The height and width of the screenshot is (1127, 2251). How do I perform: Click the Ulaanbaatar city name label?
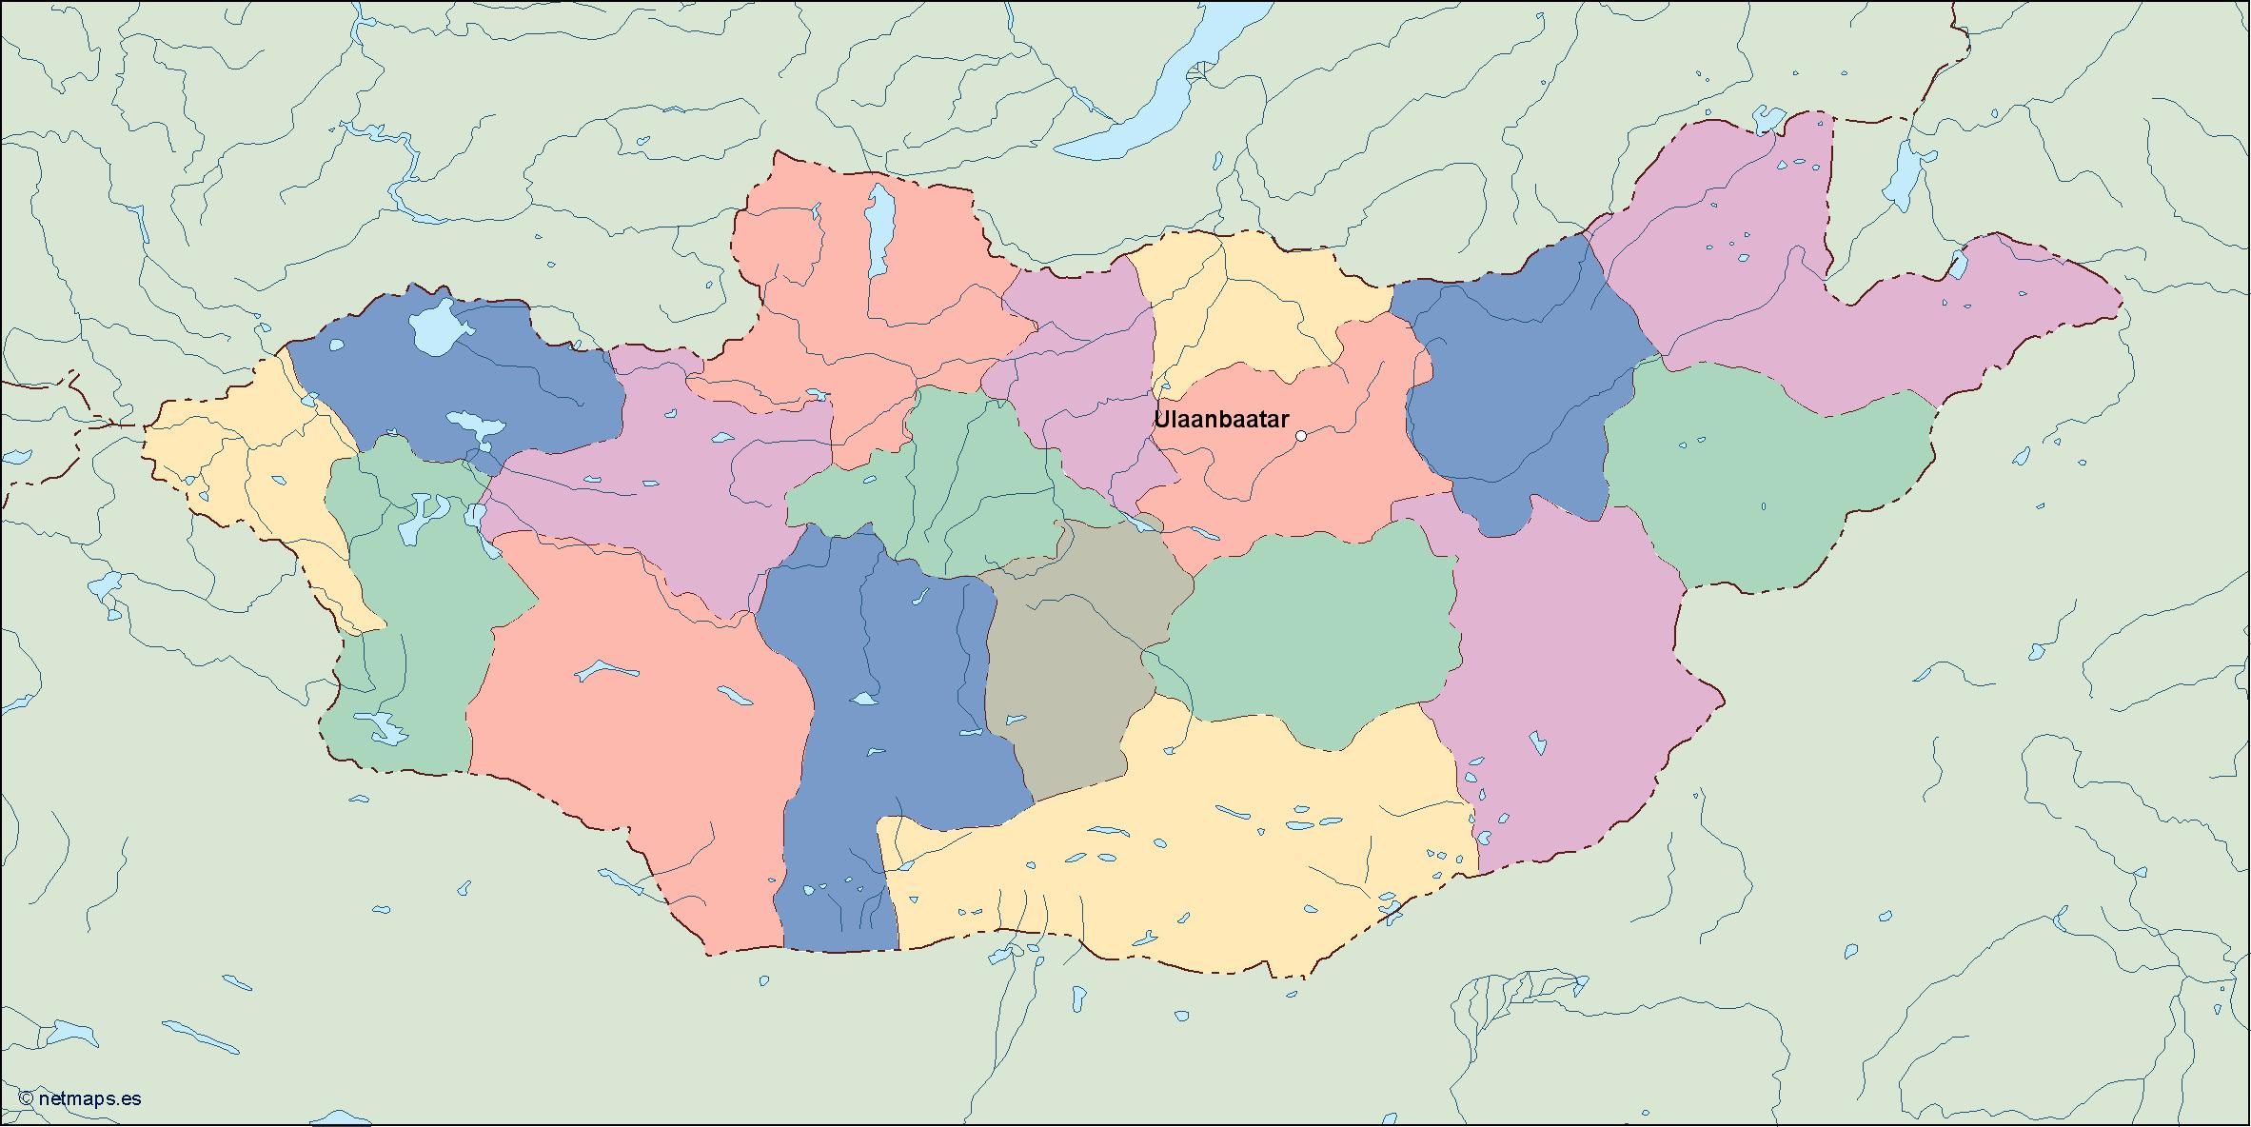[x=1221, y=420]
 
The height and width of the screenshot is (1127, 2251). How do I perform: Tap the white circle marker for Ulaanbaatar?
[x=1301, y=436]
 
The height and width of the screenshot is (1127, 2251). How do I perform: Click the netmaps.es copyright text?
[x=80, y=1098]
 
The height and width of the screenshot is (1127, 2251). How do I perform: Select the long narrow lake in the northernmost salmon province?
[x=879, y=228]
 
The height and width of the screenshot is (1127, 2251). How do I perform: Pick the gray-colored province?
[x=1071, y=666]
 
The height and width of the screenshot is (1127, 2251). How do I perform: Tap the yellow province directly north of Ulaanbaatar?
[x=1237, y=305]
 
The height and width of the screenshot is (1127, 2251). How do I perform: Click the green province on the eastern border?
[x=1761, y=476]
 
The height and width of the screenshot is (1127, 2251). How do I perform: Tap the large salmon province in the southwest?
[x=638, y=742]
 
